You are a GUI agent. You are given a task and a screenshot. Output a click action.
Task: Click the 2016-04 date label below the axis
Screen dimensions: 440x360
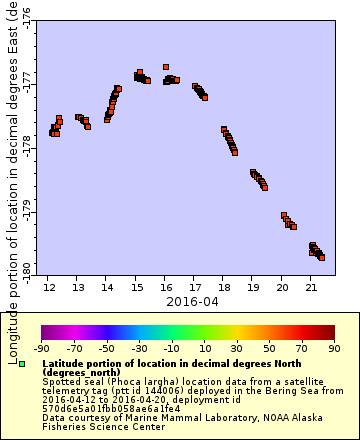coord(192,301)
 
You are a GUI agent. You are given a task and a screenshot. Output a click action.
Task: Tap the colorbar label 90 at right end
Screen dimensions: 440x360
coord(333,348)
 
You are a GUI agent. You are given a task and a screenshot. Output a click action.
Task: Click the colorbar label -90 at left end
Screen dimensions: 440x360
coord(42,348)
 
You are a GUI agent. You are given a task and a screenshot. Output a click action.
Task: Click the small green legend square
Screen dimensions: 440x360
coord(22,363)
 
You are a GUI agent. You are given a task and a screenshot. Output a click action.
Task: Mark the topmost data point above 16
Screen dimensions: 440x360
coord(166,67)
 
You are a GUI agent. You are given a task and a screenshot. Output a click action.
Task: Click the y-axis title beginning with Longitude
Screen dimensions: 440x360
coord(12,180)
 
